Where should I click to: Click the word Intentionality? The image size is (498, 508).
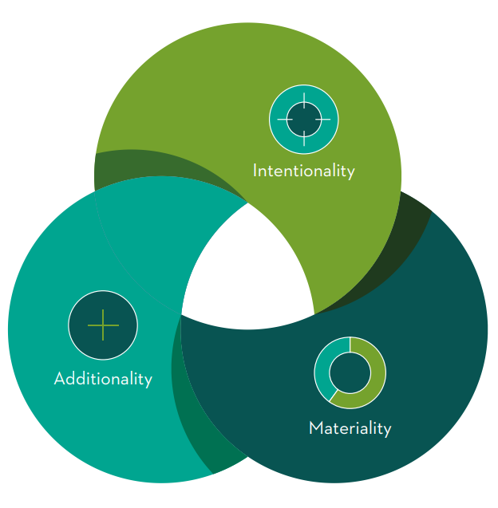click(304, 171)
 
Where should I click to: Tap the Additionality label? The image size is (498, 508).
click(103, 379)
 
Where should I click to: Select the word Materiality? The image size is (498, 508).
click(350, 428)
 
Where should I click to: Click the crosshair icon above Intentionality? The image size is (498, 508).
click(304, 120)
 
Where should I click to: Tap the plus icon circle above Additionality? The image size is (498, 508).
click(103, 325)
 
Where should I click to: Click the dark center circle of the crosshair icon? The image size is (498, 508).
click(304, 120)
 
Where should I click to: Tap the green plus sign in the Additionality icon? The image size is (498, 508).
click(103, 325)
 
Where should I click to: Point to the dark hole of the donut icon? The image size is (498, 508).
click(350, 372)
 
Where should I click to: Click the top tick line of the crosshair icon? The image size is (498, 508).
click(304, 100)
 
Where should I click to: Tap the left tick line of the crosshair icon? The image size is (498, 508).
click(285, 120)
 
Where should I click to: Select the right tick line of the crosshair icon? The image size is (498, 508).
click(323, 120)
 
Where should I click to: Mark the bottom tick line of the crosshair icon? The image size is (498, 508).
click(304, 138)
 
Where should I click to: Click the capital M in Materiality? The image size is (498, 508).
click(316, 427)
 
